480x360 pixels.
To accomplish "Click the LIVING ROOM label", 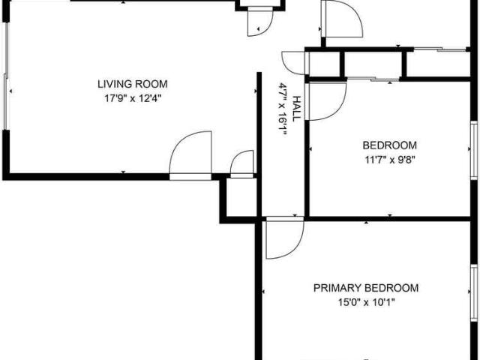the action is click(x=133, y=84).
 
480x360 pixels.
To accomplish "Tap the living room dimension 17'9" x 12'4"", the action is click(x=133, y=98).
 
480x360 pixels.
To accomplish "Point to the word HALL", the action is click(x=296, y=109).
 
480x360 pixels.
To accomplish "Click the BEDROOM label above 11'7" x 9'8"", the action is click(x=389, y=145).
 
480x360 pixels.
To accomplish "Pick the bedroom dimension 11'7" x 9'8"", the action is click(x=389, y=160).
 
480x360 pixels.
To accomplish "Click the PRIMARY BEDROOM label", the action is click(x=366, y=288).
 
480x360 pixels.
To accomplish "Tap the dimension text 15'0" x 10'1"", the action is click(x=366, y=302).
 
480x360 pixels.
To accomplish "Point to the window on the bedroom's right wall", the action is click(x=474, y=150).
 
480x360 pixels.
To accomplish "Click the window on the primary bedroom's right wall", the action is click(x=474, y=293).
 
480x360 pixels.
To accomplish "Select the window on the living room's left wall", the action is click(x=6, y=76).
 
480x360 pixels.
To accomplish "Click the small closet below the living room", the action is click(x=241, y=198).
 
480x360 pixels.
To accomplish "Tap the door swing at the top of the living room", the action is click(x=267, y=31).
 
